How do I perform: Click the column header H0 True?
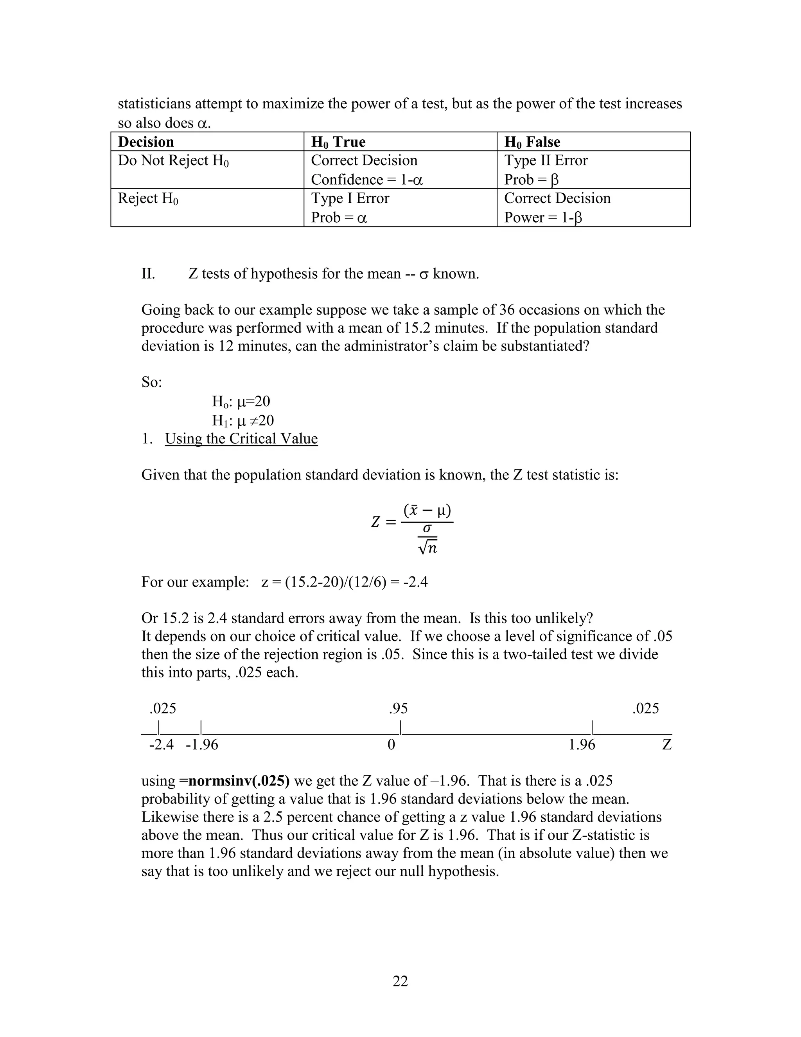click(x=338, y=142)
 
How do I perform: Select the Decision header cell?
click(x=146, y=142)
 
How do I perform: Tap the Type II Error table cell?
click(x=546, y=160)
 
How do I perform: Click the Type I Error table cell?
click(x=350, y=198)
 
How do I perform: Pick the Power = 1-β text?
click(x=543, y=218)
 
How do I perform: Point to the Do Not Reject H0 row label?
click(x=173, y=161)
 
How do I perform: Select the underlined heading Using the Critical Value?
click(x=241, y=438)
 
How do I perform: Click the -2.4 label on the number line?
click(x=162, y=744)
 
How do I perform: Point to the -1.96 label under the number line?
click(x=202, y=744)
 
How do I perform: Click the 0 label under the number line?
click(x=391, y=744)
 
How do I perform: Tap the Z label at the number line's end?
click(x=667, y=744)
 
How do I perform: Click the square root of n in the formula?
click(x=427, y=548)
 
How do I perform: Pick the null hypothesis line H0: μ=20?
click(x=241, y=402)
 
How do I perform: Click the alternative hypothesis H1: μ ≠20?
click(x=243, y=421)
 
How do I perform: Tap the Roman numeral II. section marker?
click(x=149, y=274)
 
